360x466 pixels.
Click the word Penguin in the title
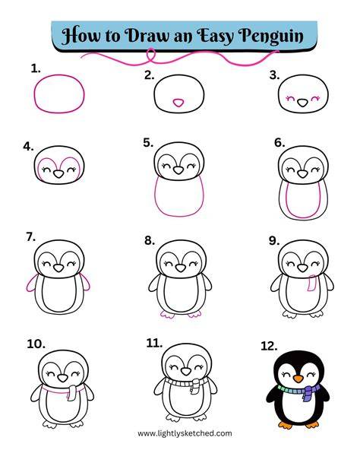[272, 36]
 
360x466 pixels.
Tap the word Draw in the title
[147, 35]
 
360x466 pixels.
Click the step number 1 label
[36, 69]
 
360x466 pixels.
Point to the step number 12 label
[269, 346]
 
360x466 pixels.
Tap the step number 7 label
[31, 237]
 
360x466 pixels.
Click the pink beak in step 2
[178, 103]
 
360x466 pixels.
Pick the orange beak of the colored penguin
[298, 379]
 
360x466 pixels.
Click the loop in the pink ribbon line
[151, 55]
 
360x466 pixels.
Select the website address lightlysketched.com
[185, 433]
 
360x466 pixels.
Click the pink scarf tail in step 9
[312, 283]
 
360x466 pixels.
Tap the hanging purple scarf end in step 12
[307, 394]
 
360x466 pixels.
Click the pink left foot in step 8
[167, 315]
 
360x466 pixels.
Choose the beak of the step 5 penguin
[178, 170]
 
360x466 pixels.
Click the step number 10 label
[36, 344]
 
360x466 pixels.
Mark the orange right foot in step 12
[312, 424]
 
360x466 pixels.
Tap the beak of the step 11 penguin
[186, 372]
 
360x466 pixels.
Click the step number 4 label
[28, 147]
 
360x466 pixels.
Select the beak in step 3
[303, 103]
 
